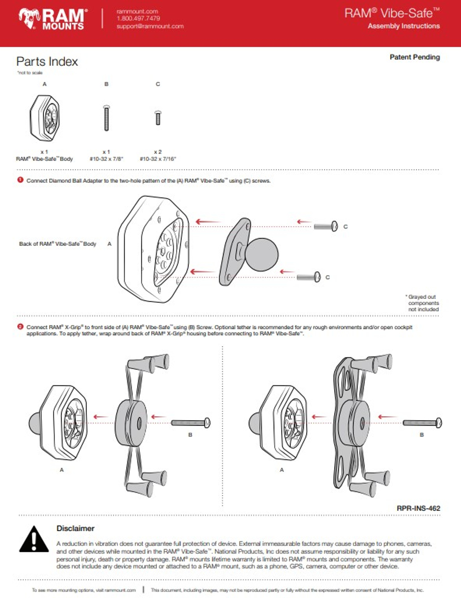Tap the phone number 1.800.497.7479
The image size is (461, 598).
tap(138, 18)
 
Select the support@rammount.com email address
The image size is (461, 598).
tap(150, 26)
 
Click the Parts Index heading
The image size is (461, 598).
tap(47, 61)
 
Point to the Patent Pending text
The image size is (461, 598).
tap(414, 57)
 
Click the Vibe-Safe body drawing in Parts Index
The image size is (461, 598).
tap(44, 118)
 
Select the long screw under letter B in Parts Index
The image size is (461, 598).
tap(106, 118)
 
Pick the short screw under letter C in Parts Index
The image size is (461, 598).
tap(158, 118)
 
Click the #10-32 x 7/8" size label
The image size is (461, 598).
tap(106, 159)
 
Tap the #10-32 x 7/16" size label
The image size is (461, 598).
tap(158, 159)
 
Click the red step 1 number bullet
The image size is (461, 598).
tap(20, 180)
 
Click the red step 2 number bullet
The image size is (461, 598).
tap(20, 327)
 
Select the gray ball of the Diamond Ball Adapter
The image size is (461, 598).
tap(261, 252)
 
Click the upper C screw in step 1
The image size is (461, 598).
tap(326, 226)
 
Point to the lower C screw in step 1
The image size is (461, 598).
tap(308, 277)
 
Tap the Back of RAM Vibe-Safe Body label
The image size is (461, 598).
tap(58, 244)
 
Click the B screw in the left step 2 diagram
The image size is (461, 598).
tap(191, 423)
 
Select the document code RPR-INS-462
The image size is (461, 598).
tap(418, 508)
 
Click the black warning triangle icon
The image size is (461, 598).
tap(34, 539)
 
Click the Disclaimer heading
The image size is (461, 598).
tap(75, 528)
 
